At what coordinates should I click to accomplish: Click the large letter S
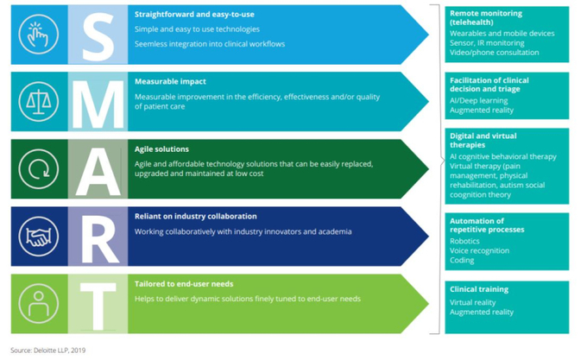point(98,36)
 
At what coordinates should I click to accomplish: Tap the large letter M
point(98,104)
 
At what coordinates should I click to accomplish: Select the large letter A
point(98,172)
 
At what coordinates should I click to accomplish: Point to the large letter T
point(98,306)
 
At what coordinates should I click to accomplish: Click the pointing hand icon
point(39,35)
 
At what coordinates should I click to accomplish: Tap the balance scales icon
point(39,102)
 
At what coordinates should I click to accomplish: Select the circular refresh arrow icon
point(39,169)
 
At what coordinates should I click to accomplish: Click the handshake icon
point(39,237)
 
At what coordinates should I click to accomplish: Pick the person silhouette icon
point(39,304)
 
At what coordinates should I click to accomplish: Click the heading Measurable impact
point(170,81)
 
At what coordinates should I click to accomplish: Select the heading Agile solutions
point(161,149)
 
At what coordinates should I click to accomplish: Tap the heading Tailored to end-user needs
point(184,284)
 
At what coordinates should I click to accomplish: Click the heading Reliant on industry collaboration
point(196,217)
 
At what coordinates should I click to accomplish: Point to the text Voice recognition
point(480,250)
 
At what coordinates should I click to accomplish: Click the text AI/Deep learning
point(479,101)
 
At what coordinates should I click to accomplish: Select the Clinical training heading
point(479,289)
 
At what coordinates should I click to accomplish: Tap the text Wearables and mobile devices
point(502,34)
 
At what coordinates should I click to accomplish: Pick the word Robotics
point(464,241)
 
